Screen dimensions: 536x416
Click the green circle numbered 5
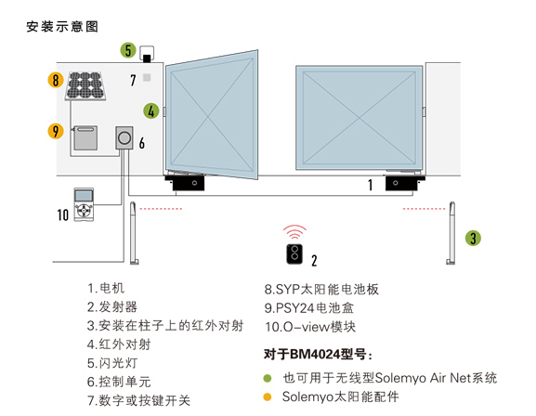pyautogui.click(x=128, y=50)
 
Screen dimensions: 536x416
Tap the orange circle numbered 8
pyautogui.click(x=56, y=81)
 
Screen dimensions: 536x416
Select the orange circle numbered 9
pyautogui.click(x=56, y=131)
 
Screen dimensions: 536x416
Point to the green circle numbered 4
pyautogui.click(x=151, y=110)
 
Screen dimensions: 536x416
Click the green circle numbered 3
pyautogui.click(x=473, y=238)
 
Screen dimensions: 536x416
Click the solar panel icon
pyautogui.click(x=85, y=85)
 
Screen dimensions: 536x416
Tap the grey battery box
pyautogui.click(x=85, y=137)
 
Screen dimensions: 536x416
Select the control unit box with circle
pyautogui.click(x=124, y=137)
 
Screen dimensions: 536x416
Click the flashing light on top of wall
pyautogui.click(x=147, y=54)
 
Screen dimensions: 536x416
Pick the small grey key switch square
pyautogui.click(x=147, y=78)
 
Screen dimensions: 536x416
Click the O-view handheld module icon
pyautogui.click(x=84, y=204)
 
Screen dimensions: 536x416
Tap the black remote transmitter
pyautogui.click(x=294, y=254)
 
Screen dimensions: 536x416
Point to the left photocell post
pyautogui.click(x=134, y=233)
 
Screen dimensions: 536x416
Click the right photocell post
pyautogui.click(x=451, y=233)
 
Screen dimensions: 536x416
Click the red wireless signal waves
pyautogui.click(x=294, y=232)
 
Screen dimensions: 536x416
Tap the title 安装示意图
pyautogui.click(x=62, y=27)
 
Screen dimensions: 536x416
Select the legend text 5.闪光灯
pyautogui.click(x=112, y=363)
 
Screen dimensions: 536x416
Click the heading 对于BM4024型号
pyautogui.click(x=318, y=354)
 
